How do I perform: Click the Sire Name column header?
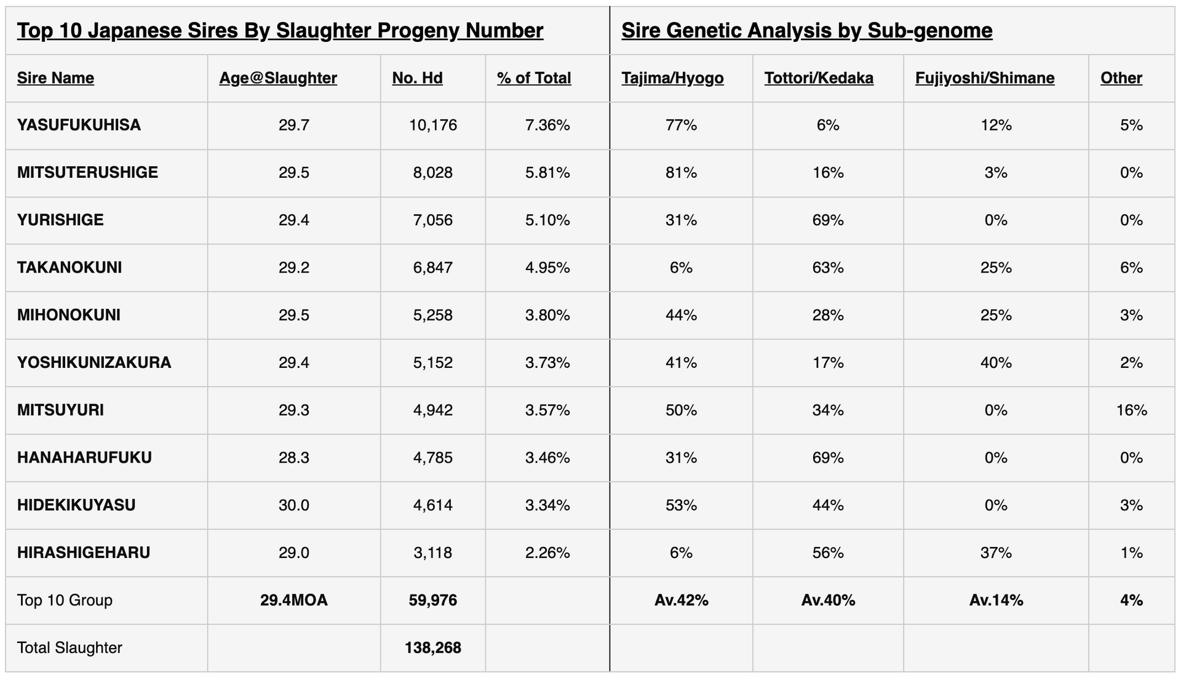(x=55, y=78)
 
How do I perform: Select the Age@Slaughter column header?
(x=278, y=78)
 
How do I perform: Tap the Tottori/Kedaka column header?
(x=819, y=78)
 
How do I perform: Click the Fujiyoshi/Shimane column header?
(x=985, y=78)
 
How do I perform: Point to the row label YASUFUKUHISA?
(x=79, y=126)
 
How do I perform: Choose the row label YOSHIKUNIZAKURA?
(x=94, y=362)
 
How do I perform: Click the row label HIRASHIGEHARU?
(x=84, y=553)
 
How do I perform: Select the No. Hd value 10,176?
(x=433, y=126)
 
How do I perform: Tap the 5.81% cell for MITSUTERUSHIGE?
(x=547, y=173)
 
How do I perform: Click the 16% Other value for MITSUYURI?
(x=1131, y=410)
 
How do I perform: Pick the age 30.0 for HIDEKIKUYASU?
(x=293, y=505)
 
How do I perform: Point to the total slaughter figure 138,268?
(x=433, y=648)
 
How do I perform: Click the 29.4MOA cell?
(x=293, y=601)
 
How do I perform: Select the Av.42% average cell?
(x=681, y=601)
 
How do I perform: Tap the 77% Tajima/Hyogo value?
(x=681, y=126)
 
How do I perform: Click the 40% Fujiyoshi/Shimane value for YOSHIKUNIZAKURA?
(x=996, y=362)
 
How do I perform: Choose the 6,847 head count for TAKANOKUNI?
(x=433, y=268)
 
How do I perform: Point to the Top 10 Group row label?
(x=65, y=601)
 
